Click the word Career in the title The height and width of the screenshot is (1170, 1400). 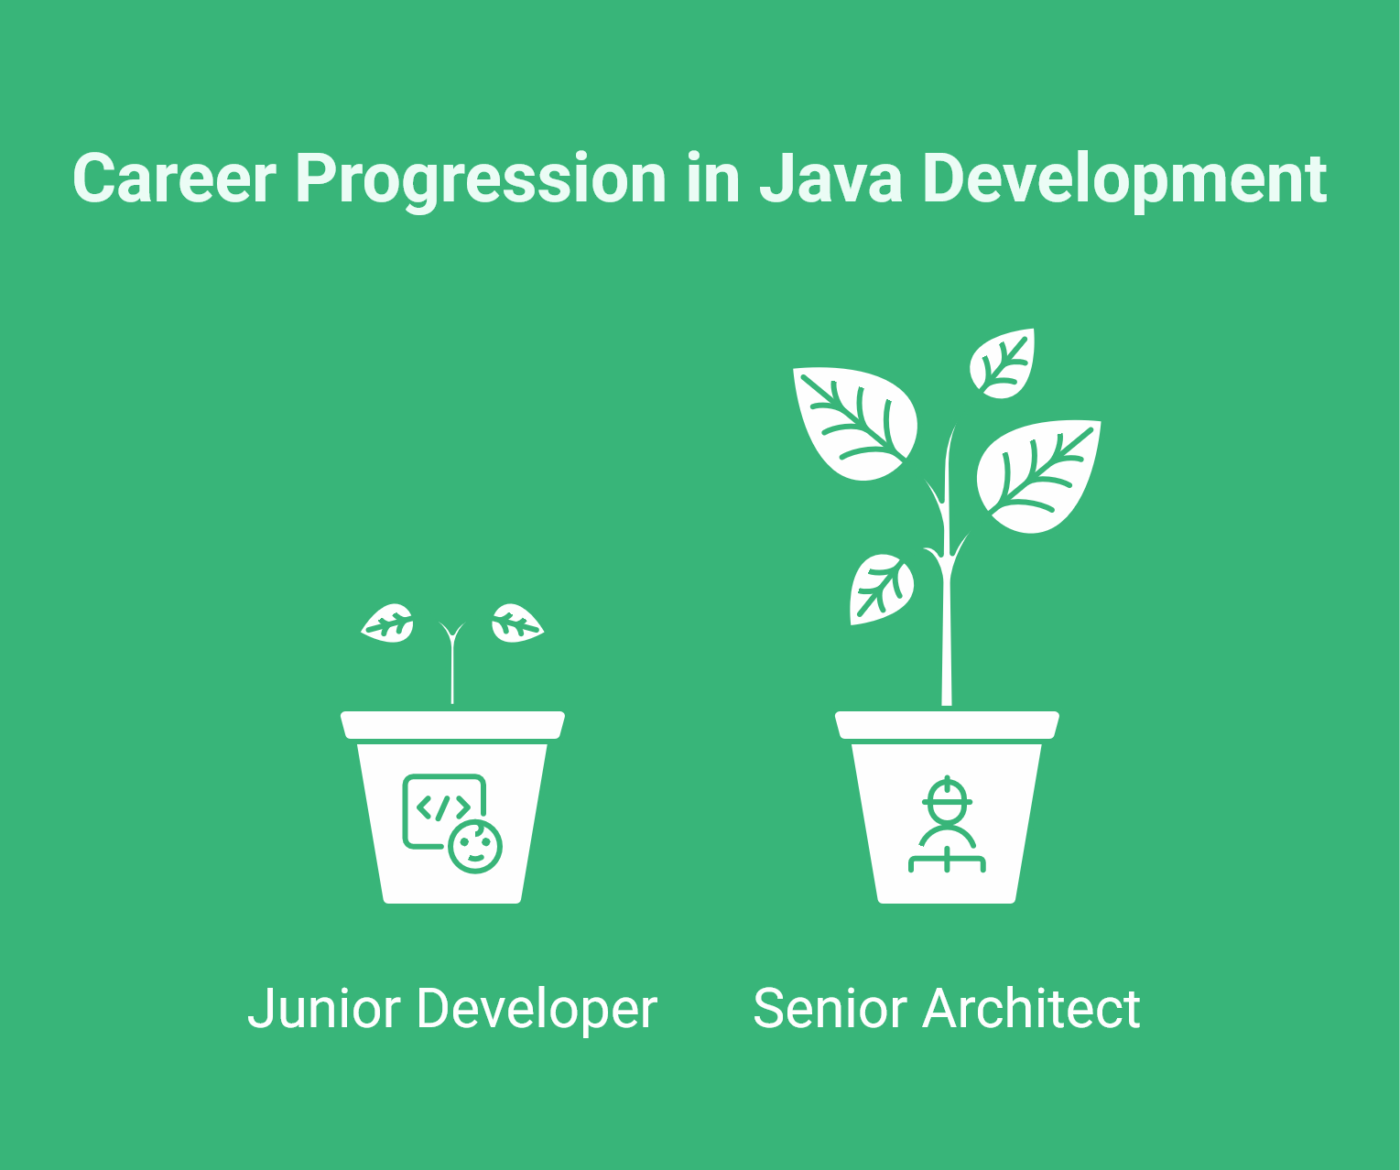[174, 179]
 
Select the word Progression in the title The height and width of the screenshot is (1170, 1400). [481, 179]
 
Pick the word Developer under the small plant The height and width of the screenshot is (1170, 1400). [537, 1010]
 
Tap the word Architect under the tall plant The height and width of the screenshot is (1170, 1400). [1031, 1010]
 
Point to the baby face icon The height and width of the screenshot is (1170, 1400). [475, 846]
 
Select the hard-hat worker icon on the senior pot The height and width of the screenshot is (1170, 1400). [947, 824]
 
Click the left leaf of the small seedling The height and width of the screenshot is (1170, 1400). [388, 624]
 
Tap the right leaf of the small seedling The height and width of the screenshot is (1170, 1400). [516, 624]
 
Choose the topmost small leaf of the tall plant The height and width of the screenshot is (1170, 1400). [1004, 363]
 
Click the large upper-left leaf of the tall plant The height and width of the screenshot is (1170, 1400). [853, 421]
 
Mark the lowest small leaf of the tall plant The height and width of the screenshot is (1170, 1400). [880, 588]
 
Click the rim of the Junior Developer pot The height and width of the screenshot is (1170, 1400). [452, 725]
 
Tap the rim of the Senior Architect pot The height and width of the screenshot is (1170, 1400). [947, 725]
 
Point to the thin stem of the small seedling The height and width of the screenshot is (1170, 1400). [452, 673]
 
